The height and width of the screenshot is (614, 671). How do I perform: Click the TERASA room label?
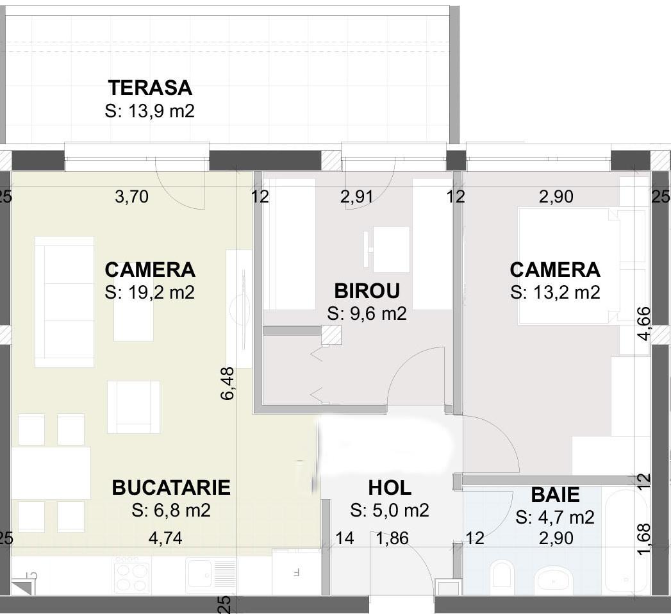click(150, 87)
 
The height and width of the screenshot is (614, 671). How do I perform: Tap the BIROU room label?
click(367, 291)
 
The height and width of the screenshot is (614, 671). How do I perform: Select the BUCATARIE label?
click(171, 488)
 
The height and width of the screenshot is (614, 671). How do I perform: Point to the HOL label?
click(390, 488)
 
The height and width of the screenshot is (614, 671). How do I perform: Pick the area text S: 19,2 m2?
click(149, 292)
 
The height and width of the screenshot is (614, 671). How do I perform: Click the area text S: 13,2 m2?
click(555, 292)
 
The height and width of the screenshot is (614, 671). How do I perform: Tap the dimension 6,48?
click(228, 383)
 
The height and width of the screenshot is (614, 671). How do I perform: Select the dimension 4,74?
click(165, 538)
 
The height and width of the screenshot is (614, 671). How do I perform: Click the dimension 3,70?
click(131, 197)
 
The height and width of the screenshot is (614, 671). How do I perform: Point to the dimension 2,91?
click(357, 197)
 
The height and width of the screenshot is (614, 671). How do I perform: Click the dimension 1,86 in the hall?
click(392, 538)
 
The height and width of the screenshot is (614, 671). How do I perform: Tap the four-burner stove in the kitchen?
click(131, 575)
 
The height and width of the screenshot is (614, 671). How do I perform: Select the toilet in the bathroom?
click(501, 575)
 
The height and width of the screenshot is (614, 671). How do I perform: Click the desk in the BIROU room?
click(390, 249)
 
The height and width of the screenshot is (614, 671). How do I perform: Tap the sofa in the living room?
click(64, 301)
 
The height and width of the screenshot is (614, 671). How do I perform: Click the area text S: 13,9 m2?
click(150, 111)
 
